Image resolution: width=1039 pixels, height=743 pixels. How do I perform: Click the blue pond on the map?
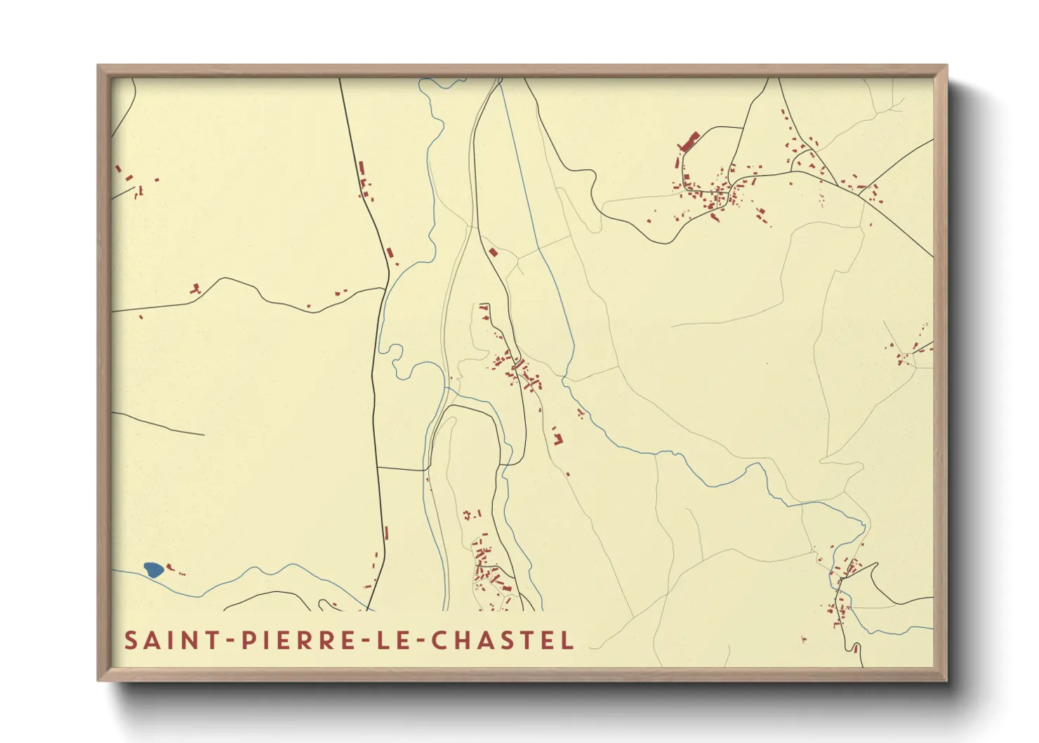click(x=153, y=570)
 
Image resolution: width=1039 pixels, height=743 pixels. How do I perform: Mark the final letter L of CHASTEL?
click(x=568, y=640)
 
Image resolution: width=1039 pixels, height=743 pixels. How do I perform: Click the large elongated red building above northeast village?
click(x=689, y=141)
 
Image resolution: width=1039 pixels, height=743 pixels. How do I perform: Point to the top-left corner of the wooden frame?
click(x=98, y=66)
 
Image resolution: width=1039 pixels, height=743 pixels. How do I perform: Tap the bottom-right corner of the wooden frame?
click(x=946, y=680)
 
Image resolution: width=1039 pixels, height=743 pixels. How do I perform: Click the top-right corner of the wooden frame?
click(x=946, y=66)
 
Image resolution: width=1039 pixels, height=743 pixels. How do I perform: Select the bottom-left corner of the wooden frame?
click(x=98, y=680)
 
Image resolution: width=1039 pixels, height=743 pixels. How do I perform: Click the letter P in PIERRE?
click(x=249, y=640)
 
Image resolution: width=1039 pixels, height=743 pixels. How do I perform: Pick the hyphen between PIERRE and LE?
click(x=367, y=641)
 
